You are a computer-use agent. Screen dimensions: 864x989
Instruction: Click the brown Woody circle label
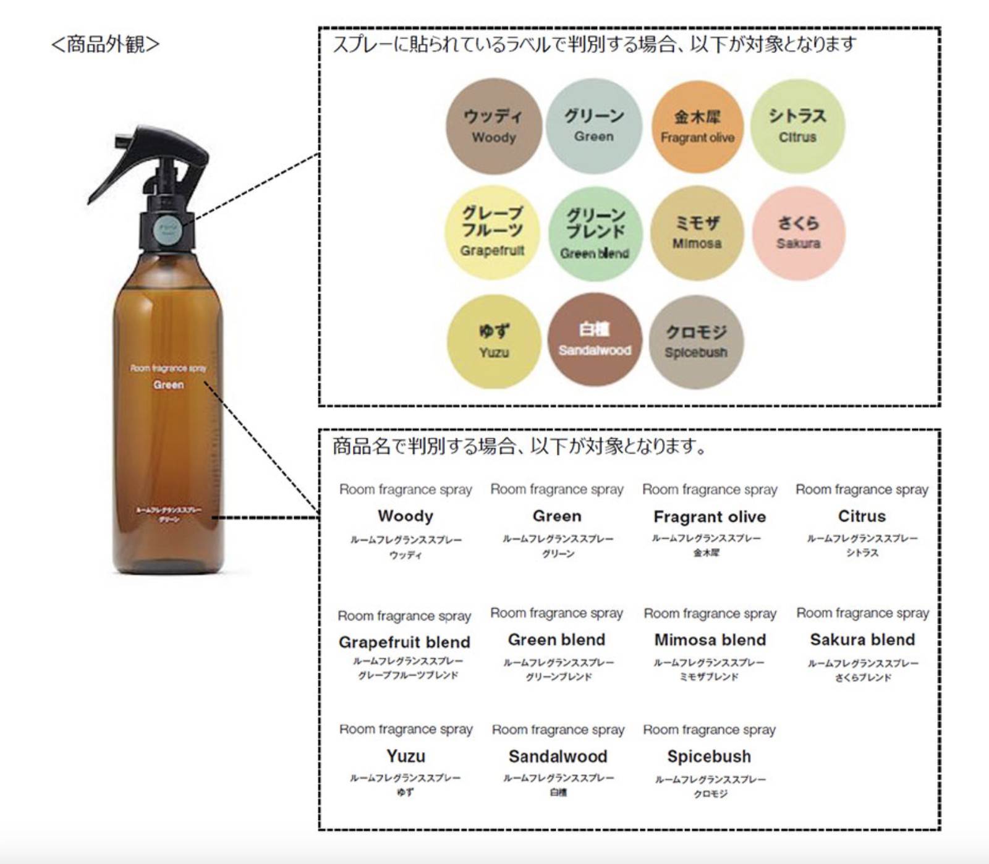[x=493, y=126]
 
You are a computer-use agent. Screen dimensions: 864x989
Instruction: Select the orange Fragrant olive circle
[x=697, y=127]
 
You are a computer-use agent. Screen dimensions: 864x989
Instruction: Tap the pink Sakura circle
[x=799, y=233]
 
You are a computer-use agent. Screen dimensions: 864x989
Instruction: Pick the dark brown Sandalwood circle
[x=594, y=340]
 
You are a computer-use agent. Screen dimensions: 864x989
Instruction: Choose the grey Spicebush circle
[x=696, y=341]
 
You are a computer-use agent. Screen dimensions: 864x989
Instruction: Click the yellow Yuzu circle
[x=493, y=341]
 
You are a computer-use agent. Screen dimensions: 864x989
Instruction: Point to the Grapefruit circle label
[x=493, y=233]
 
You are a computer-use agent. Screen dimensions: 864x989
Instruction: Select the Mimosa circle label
[x=697, y=233]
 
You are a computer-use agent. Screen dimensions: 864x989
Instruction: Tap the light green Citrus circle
[x=797, y=126]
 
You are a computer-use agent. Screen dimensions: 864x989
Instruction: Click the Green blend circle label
[x=595, y=234]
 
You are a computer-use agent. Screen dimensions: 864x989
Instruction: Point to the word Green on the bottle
[x=169, y=384]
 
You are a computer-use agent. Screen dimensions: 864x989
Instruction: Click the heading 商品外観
[x=105, y=44]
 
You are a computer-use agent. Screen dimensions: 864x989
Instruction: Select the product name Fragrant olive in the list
[x=710, y=517]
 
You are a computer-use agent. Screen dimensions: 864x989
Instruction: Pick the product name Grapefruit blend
[x=404, y=642]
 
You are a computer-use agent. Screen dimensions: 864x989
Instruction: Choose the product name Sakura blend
[x=862, y=640]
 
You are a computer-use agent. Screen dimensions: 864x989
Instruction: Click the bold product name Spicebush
[x=709, y=756]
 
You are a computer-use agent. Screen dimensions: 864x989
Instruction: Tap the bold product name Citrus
[x=862, y=516]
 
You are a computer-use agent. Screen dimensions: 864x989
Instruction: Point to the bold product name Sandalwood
[x=558, y=756]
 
